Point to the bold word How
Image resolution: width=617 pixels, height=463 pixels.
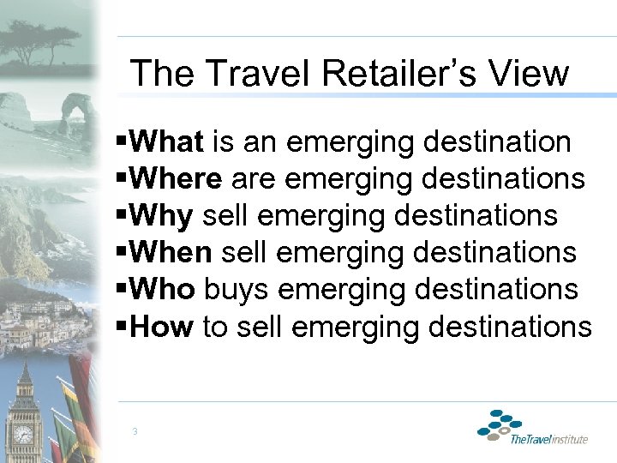pyautogui.click(x=162, y=327)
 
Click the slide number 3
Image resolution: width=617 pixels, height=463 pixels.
pyautogui.click(x=135, y=431)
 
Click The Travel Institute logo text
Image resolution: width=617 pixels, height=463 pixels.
pyautogui.click(x=548, y=440)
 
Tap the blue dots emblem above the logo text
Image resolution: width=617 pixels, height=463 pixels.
pyautogui.click(x=499, y=424)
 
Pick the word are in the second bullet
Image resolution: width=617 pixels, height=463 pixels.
pyautogui.click(x=250, y=179)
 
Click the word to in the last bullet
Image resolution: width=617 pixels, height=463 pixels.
pyautogui.click(x=215, y=327)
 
